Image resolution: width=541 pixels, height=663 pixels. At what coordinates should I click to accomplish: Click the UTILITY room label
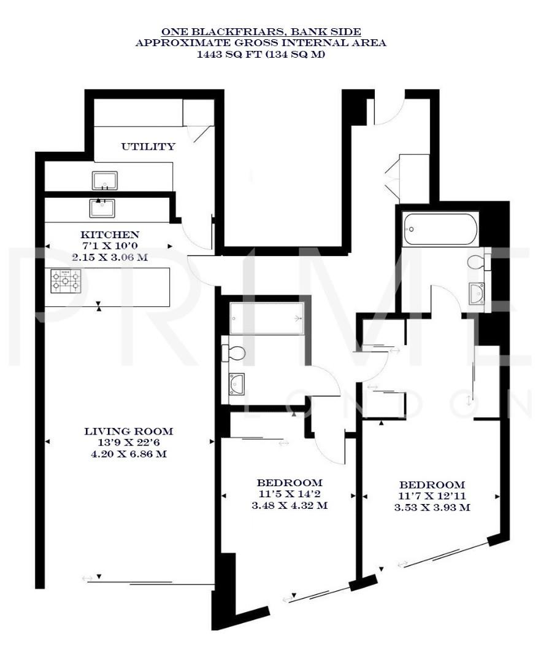point(148,147)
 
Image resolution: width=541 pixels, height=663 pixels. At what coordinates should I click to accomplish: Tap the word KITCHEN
point(110,235)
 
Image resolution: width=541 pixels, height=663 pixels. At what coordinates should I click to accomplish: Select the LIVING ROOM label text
point(129,432)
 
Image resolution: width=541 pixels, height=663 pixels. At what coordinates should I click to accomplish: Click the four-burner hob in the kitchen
point(65,281)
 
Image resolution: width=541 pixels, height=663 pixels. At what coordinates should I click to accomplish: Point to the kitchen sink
point(102,208)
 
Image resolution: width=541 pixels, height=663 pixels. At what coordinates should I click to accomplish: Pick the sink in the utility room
point(105,180)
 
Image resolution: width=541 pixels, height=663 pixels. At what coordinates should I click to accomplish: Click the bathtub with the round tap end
point(439,230)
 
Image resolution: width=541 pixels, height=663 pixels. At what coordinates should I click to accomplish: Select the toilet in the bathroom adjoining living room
point(235,352)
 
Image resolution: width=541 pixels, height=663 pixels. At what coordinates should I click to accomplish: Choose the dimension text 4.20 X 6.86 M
point(129,455)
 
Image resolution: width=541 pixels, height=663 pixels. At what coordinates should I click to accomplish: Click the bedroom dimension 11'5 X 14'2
point(290,494)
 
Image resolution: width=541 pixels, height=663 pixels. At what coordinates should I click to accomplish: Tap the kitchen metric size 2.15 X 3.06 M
point(110,257)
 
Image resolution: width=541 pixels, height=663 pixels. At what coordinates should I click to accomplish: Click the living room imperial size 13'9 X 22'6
point(129,443)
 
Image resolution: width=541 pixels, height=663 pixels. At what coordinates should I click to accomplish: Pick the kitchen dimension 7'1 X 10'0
point(110,246)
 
